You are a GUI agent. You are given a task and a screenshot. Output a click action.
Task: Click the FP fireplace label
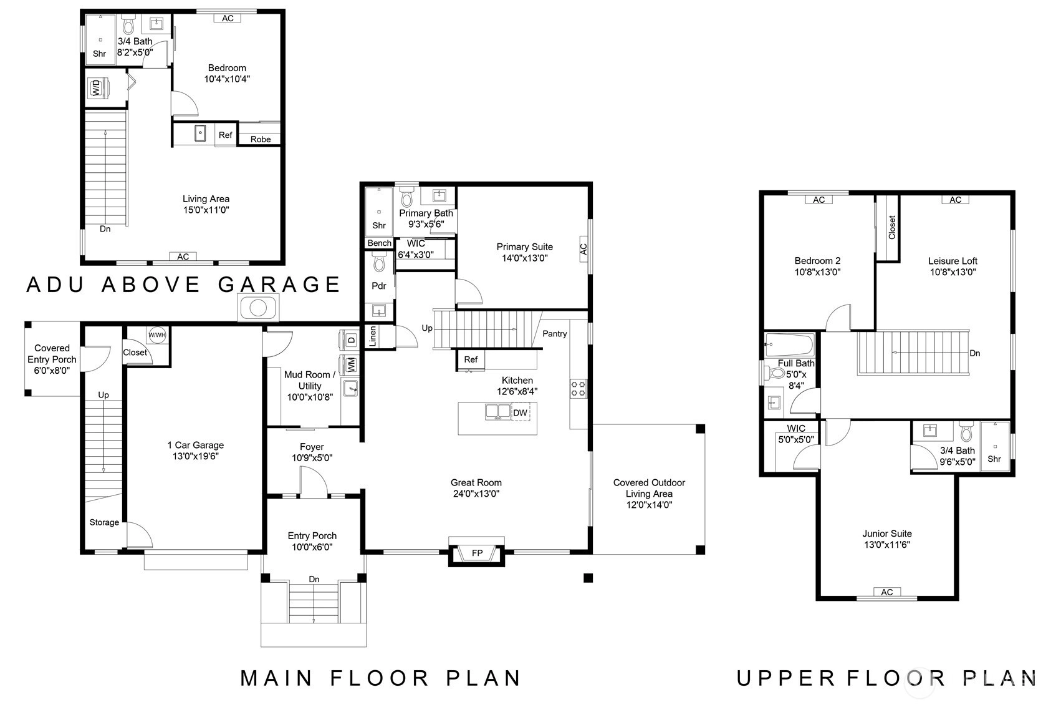(x=477, y=553)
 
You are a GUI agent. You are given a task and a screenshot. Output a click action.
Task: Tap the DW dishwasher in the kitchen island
(x=520, y=412)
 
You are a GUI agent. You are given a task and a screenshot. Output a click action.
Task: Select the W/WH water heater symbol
(x=157, y=335)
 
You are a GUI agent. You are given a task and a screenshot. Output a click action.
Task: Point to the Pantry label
(x=554, y=334)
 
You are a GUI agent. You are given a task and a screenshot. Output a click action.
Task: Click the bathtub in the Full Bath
(x=790, y=344)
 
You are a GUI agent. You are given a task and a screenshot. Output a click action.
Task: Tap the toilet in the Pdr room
(x=379, y=263)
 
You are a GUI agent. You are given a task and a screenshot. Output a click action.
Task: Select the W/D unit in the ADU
(x=98, y=88)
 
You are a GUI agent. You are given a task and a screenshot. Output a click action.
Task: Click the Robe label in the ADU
(x=261, y=139)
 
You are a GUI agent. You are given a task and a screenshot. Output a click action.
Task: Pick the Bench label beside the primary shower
(x=380, y=243)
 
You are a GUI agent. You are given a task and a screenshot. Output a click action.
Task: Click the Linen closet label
(x=373, y=336)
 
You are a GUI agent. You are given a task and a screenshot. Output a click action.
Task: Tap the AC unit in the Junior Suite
(x=887, y=592)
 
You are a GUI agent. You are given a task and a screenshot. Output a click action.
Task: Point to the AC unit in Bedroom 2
(x=819, y=200)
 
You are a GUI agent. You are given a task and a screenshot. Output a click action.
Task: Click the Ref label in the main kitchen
(x=471, y=359)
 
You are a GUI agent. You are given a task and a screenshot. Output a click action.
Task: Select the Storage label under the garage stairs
(x=104, y=522)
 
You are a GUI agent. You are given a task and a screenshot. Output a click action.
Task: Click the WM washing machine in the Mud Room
(x=351, y=365)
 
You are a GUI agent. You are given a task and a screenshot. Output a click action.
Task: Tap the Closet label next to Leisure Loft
(x=892, y=228)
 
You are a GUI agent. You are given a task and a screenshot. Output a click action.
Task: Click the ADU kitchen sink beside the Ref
(x=200, y=134)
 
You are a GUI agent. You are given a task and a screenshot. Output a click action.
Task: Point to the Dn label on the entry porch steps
(x=314, y=579)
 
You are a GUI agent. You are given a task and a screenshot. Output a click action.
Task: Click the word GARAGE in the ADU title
(x=279, y=285)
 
